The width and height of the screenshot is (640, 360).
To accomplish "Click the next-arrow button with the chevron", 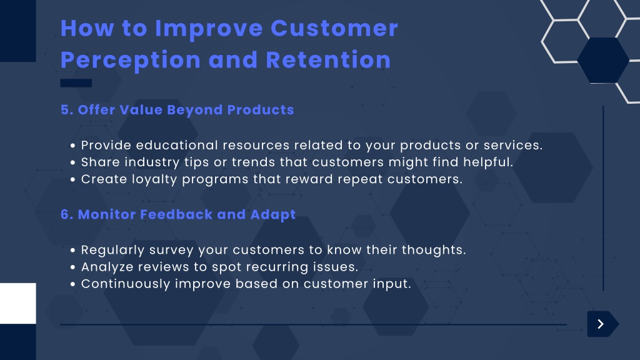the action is pos(602,324).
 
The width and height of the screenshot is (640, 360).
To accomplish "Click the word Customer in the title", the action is pos(334,29).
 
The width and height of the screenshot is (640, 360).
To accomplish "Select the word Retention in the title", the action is pos(328,60).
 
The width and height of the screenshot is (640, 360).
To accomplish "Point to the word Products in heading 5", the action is pos(261,110).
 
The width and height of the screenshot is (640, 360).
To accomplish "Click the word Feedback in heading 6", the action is pos(176,214).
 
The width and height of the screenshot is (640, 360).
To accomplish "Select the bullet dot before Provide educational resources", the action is pos(72,145).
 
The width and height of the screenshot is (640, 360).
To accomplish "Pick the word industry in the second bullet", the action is pos(152,162).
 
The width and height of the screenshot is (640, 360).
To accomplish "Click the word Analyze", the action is pos(107,267).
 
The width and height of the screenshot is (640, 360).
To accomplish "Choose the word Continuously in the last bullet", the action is pos(126,284).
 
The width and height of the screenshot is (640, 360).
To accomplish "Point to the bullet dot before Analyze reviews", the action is pos(72,267).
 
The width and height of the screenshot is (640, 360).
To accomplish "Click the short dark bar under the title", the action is pos(76,83).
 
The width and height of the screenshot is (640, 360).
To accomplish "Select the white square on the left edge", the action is pos(18,303).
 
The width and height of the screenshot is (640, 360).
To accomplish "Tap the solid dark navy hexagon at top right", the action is pos(603,61).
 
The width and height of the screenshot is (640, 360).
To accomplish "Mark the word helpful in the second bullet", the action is pos(487,162).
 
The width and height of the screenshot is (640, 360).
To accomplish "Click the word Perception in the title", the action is pos(131,60).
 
